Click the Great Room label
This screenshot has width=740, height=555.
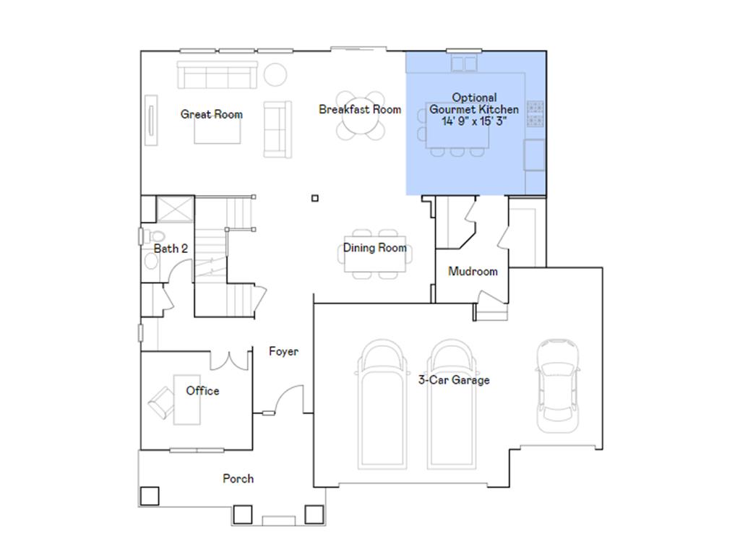(211, 114)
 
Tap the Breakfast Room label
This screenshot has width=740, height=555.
(359, 110)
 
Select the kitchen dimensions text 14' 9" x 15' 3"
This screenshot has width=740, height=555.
(474, 121)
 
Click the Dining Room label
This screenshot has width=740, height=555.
(374, 248)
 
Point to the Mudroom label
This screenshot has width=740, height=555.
(473, 272)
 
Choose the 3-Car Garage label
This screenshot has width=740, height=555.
(454, 380)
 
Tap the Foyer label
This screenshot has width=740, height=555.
(283, 352)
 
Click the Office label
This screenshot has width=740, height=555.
(202, 391)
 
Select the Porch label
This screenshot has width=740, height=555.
(238, 478)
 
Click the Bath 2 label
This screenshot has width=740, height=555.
(171, 249)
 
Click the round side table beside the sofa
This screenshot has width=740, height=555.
(275, 74)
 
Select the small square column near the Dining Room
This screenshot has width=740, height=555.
(314, 198)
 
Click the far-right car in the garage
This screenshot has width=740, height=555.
(557, 384)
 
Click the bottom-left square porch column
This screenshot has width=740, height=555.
(149, 496)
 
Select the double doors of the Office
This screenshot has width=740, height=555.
(231, 359)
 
